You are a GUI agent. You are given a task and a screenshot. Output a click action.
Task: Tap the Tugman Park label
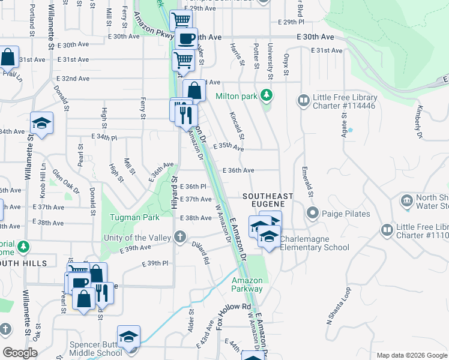click(134, 217)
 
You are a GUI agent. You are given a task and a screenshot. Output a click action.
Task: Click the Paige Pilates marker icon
click(312, 213)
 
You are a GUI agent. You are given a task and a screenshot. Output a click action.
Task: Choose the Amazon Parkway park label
click(247, 284)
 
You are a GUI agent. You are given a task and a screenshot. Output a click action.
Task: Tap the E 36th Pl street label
click(193, 187)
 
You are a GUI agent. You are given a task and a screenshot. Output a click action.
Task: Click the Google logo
click(20, 353)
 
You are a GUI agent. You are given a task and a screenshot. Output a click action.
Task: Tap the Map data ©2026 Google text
click(411, 355)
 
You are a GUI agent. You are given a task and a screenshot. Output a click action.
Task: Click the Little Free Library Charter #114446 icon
click(304, 99)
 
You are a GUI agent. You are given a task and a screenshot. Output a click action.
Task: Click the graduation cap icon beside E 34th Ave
click(41, 123)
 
